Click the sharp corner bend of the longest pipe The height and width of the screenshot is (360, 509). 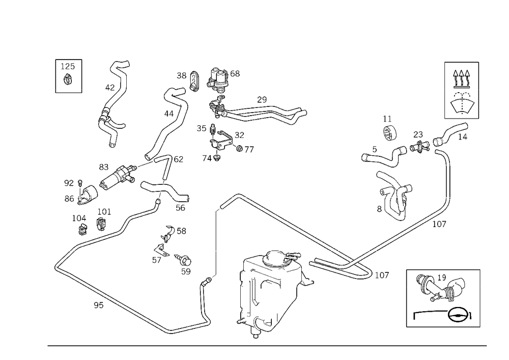(56, 266)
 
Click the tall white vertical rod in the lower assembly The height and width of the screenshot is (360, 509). (250, 297)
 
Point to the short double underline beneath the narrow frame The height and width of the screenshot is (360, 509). (68, 92)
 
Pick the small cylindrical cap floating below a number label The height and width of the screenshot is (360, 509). (389, 134)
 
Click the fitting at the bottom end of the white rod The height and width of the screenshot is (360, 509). (252, 322)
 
